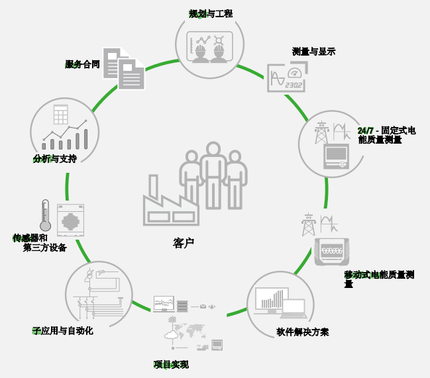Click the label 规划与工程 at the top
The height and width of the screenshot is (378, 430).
211,14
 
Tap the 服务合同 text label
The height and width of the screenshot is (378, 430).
82,64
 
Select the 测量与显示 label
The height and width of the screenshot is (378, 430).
313,52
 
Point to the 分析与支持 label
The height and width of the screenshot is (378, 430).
55,159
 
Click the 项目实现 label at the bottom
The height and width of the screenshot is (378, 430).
171,364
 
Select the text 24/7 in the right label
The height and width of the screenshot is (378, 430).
366,130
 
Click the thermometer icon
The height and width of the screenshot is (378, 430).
45,215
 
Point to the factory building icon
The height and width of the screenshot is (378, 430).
170,202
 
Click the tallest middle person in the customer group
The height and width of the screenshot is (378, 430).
213,175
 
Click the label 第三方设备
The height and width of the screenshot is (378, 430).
44,248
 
